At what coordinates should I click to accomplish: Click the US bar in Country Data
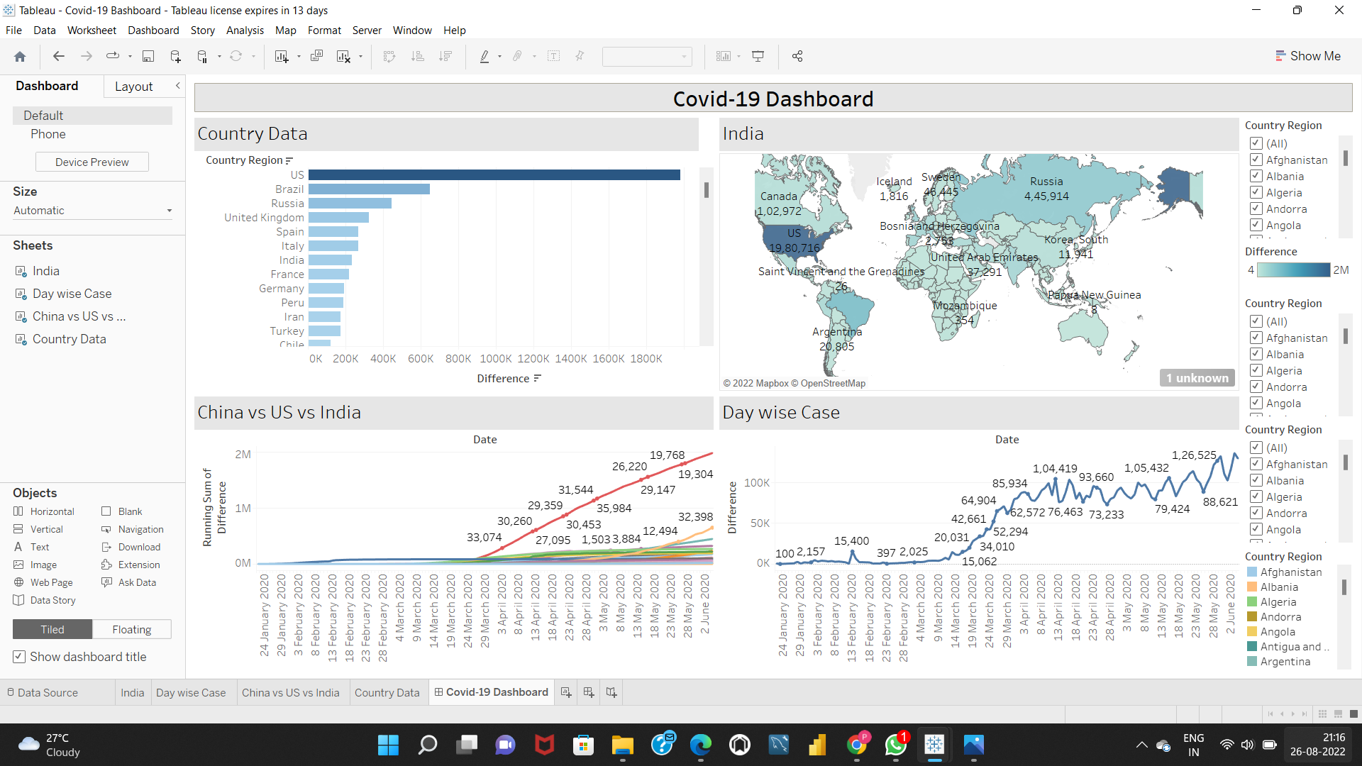(494, 175)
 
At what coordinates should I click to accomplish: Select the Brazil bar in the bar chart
(369, 189)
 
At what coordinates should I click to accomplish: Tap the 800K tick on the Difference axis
(458, 359)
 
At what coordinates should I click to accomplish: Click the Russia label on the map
(1046, 182)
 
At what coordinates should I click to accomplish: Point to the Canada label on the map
(778, 196)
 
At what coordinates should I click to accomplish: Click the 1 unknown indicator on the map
(1197, 378)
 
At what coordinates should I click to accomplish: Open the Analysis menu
(245, 30)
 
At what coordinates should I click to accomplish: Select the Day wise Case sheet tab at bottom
(191, 692)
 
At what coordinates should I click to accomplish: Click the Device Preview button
(92, 162)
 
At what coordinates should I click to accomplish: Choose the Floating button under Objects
(131, 629)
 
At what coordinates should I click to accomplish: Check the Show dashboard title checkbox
(20, 657)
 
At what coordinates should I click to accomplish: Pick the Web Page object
(51, 582)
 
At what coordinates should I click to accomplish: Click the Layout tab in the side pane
(133, 87)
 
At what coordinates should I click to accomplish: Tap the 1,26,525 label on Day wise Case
(1193, 455)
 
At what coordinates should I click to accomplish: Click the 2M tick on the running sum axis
(243, 455)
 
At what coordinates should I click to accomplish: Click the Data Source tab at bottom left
(48, 692)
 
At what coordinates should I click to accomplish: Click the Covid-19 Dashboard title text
(773, 99)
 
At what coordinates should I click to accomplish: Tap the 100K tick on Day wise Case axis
(756, 483)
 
